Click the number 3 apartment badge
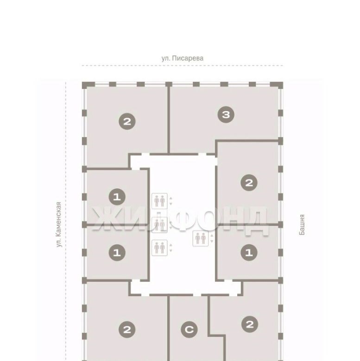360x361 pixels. click(226, 114)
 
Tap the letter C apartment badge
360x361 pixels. click(189, 330)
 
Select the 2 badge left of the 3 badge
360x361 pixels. click(127, 121)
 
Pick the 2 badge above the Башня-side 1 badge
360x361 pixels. click(249, 182)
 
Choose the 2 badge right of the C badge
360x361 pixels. click(250, 324)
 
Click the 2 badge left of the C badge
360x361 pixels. click(127, 330)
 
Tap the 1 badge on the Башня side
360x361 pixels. click(249, 253)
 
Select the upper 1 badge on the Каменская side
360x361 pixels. click(117, 197)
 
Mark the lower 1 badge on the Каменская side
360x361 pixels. click(117, 253)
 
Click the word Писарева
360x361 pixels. click(188, 58)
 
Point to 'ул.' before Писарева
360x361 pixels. click(165, 58)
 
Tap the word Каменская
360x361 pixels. click(58, 219)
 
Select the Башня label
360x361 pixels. click(302, 225)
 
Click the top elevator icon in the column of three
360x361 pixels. click(159, 201)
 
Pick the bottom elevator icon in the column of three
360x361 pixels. click(159, 248)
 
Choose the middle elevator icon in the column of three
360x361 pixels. click(159, 225)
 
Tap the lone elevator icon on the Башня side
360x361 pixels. click(201, 238)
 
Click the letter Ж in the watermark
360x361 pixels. click(106, 219)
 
